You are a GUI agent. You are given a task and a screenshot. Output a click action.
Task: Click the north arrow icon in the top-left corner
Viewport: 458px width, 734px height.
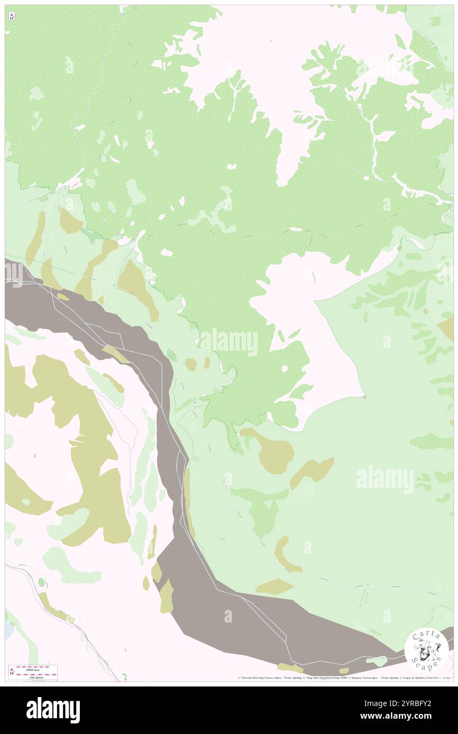[x=12, y=16]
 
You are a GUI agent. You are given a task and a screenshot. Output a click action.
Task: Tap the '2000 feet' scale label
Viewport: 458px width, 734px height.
[x=36, y=669]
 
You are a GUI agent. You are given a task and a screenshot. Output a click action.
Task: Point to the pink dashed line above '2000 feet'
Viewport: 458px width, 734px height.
[x=36, y=666]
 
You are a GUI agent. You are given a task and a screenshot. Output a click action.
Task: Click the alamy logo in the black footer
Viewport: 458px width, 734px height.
[x=53, y=710]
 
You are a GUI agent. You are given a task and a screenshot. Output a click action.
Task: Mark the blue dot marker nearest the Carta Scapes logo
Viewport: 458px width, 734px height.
[x=368, y=585]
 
